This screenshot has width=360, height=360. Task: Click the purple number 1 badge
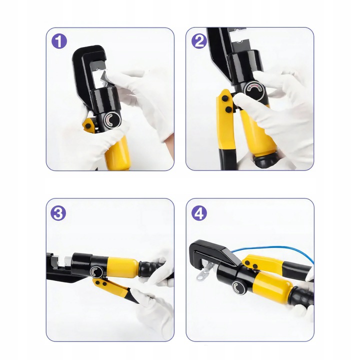pos(59,41)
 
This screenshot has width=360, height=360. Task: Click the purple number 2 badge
pos(199,41)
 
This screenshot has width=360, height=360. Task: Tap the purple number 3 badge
pos(58,213)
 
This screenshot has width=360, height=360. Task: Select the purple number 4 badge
pos(199,213)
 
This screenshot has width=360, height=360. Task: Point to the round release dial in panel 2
pos(253,90)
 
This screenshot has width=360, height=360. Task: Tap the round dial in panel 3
pos(96,272)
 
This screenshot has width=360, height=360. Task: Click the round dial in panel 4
pos(239,287)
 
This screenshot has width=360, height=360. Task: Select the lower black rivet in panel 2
pos(228,109)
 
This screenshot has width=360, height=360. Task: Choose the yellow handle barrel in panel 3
pos(122,266)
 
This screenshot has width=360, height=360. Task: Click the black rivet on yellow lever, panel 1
pos(88,126)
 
